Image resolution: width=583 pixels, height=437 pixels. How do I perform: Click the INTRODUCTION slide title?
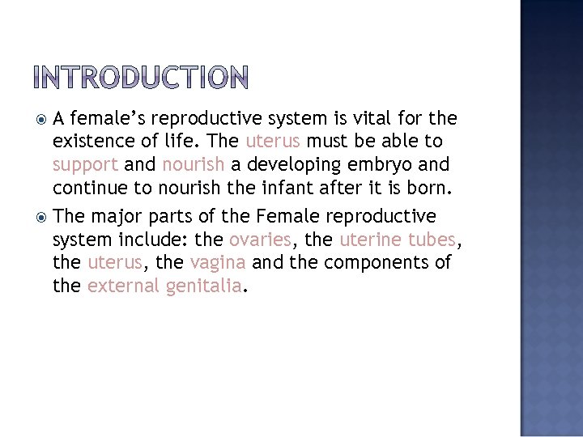coord(142,78)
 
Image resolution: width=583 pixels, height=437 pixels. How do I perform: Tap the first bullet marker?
coord(41,120)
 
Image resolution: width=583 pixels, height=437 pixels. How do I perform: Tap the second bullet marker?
coord(41,217)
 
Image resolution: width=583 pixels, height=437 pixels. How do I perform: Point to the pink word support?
coord(86,166)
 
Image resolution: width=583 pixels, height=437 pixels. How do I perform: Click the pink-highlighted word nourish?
coord(193,165)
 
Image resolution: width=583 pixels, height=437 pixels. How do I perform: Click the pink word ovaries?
coord(260,240)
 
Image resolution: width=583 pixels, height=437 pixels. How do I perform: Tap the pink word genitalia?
coord(204,286)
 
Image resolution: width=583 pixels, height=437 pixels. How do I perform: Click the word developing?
coord(287,166)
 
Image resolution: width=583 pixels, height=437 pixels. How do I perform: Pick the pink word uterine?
coord(369,240)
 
